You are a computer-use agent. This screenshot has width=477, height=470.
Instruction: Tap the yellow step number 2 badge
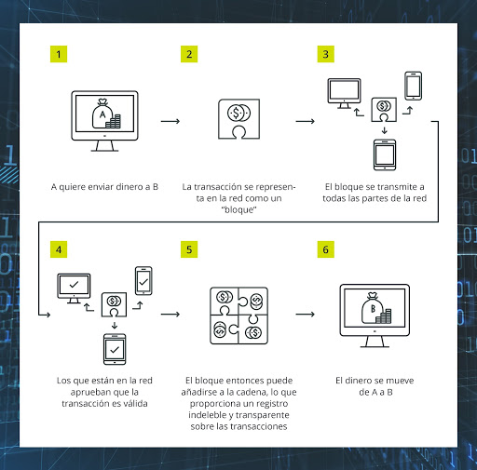tap(190, 54)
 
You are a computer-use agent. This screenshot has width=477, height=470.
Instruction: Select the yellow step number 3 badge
tap(326, 54)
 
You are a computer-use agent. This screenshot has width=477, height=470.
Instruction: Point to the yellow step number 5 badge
tap(190, 249)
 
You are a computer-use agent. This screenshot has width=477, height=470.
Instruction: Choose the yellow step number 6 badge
tap(326, 249)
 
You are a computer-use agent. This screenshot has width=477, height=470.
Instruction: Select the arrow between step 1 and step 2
tap(170, 120)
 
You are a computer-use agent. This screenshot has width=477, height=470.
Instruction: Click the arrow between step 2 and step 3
tap(305, 120)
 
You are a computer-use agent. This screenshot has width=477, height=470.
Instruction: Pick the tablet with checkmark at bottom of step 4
tap(116, 348)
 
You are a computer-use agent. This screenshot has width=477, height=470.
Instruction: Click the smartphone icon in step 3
tap(413, 87)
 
